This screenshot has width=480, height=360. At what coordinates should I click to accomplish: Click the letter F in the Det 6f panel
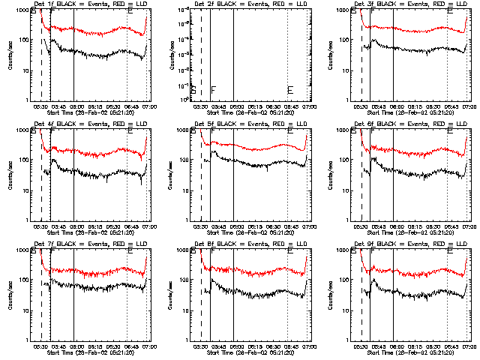(x=373, y=131)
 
